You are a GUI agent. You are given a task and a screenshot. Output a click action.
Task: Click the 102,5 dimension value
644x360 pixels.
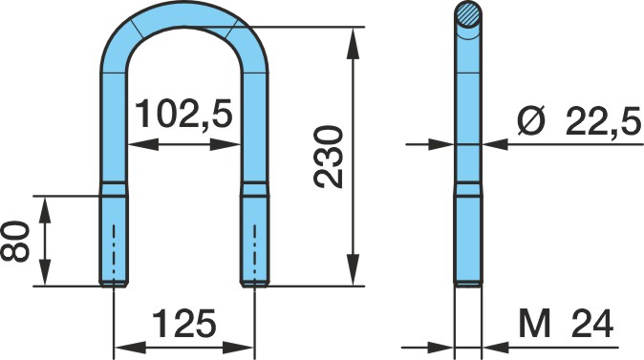(183, 114)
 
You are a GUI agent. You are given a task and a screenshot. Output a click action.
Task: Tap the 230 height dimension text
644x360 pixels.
(328, 158)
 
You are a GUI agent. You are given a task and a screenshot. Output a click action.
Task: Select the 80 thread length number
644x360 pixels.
(14, 242)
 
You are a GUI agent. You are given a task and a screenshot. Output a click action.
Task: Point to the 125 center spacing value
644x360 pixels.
(184, 323)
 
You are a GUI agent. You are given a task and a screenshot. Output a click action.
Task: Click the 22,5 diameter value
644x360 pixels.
(603, 120)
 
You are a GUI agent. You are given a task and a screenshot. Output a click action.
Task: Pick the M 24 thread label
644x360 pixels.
(566, 323)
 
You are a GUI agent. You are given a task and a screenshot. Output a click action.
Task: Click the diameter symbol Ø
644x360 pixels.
(531, 120)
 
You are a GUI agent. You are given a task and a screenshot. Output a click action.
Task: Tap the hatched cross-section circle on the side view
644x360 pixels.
(468, 14)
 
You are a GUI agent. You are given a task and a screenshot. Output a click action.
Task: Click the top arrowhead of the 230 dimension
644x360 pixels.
(353, 42)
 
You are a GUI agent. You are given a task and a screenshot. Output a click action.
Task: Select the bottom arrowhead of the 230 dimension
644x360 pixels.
(353, 270)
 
